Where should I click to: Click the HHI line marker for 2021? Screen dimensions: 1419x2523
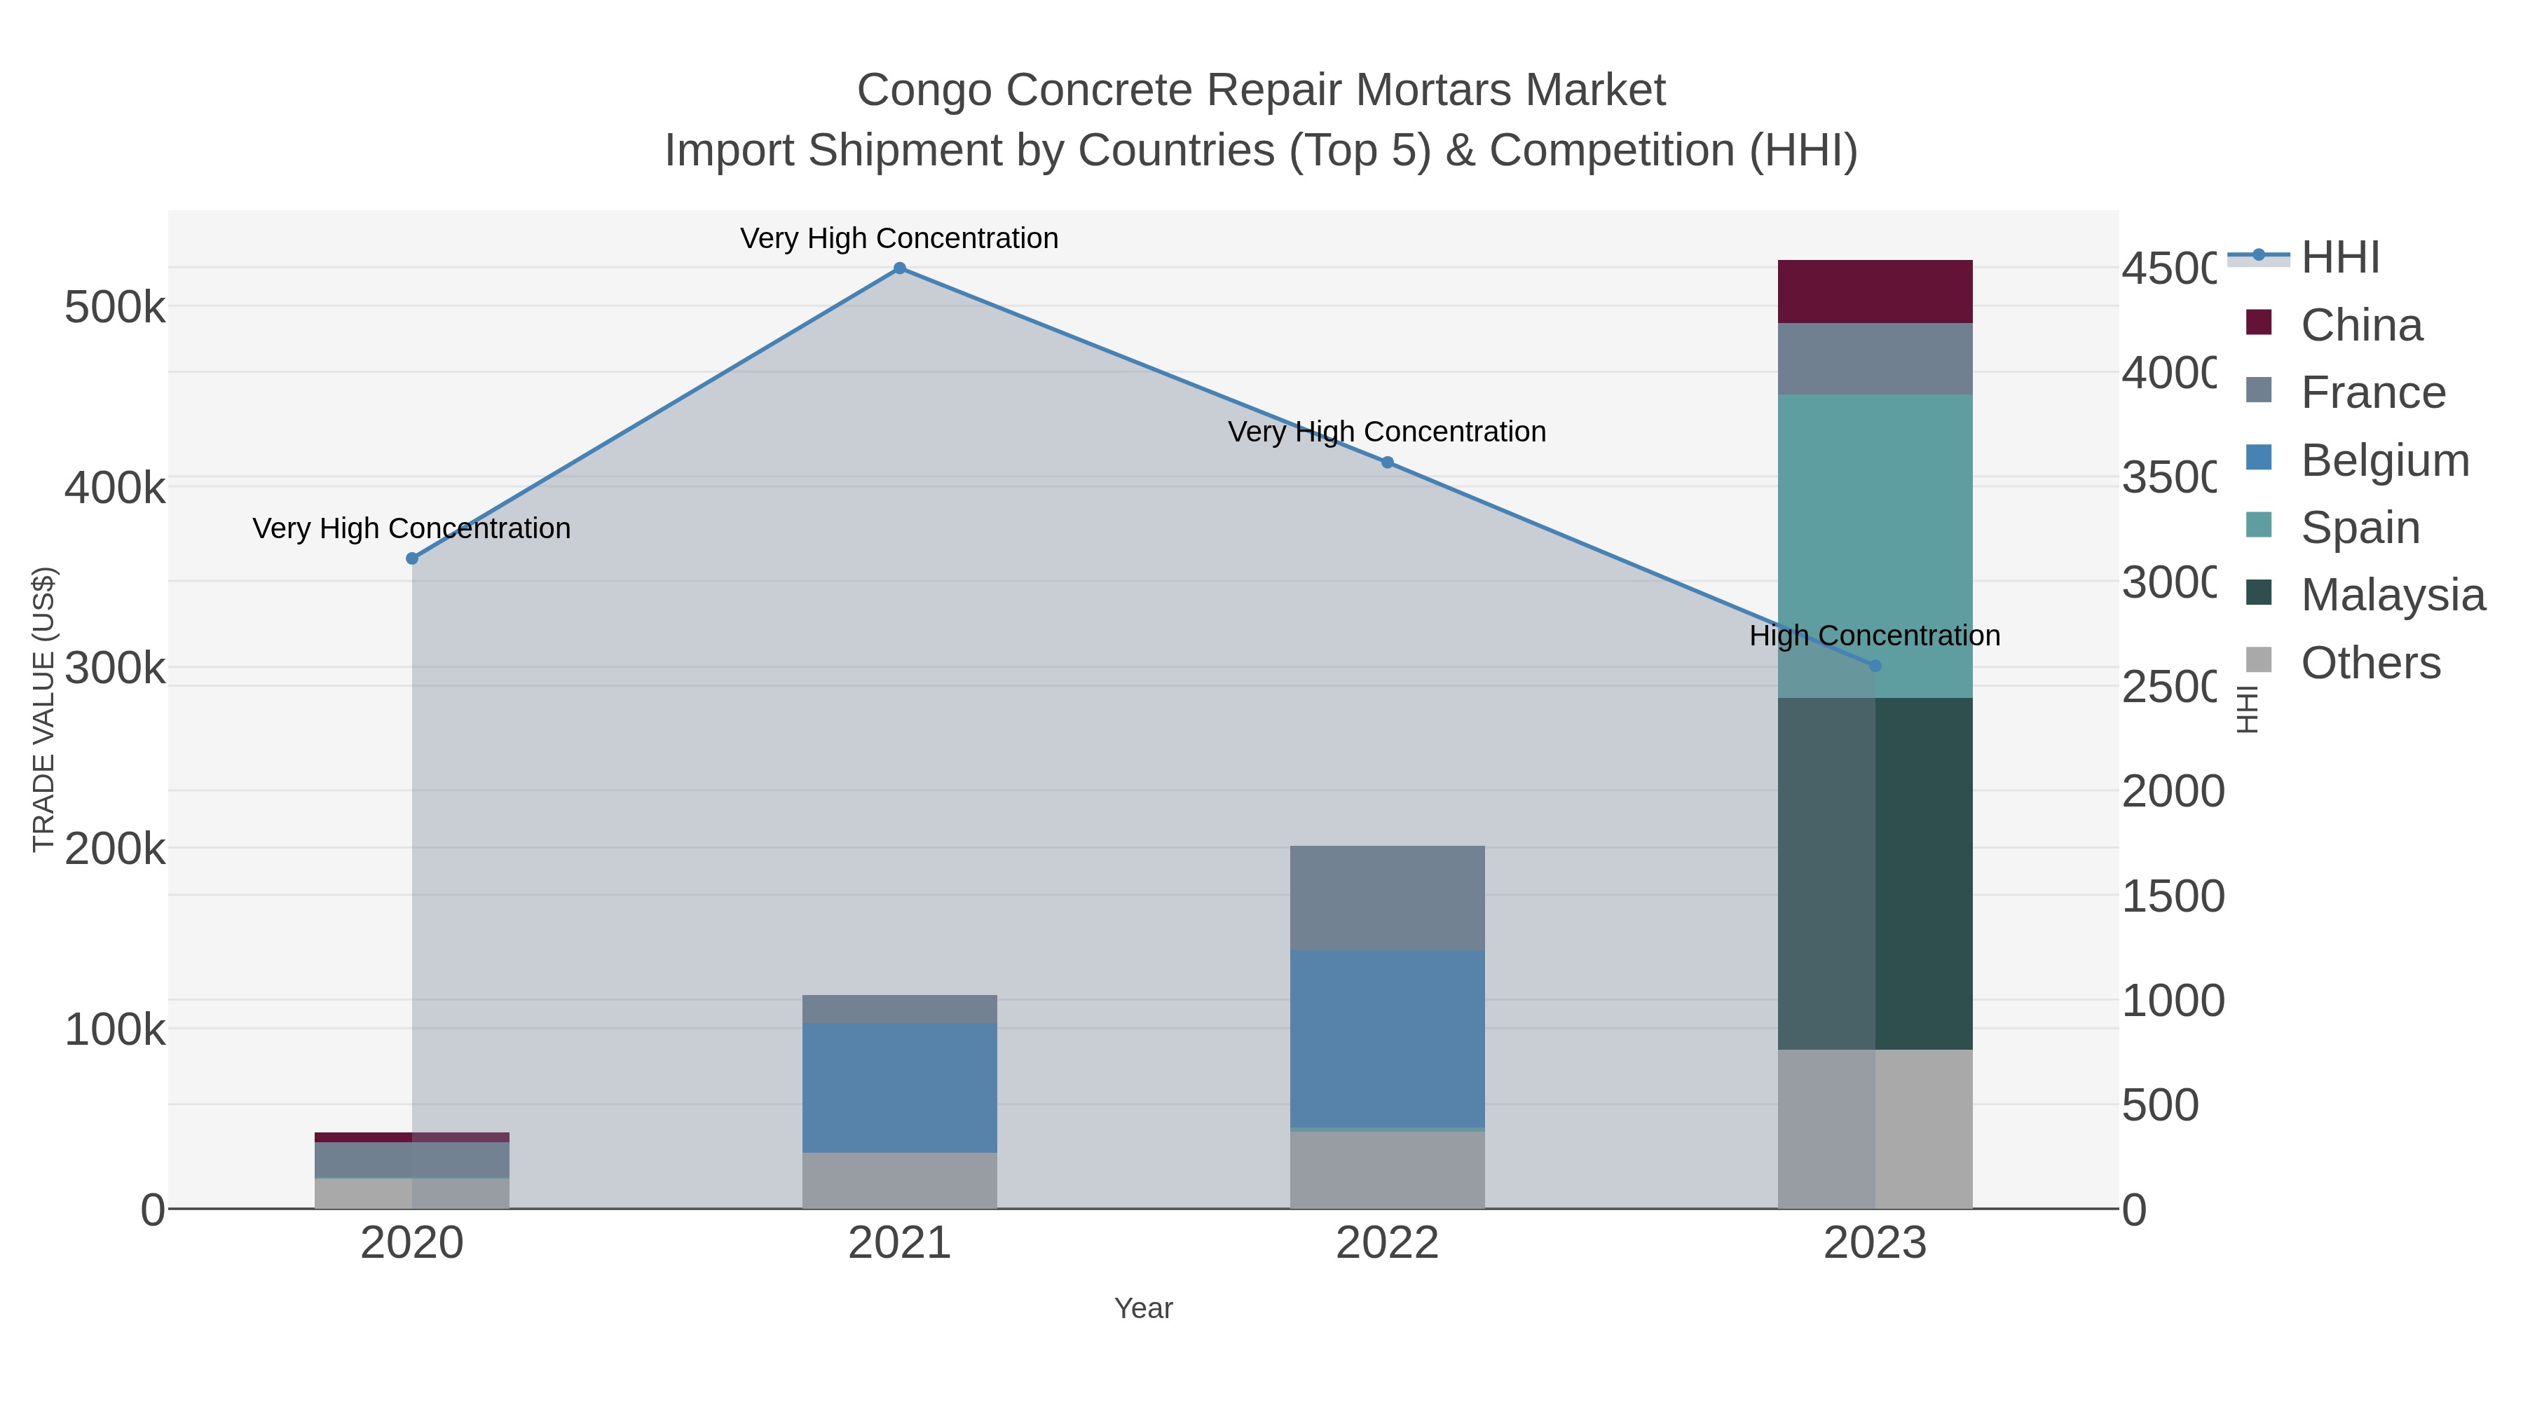[899, 268]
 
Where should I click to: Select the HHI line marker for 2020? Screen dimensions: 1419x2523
[412, 558]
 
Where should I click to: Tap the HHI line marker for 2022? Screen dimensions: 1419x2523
[1387, 462]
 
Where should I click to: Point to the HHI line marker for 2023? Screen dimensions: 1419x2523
[1875, 666]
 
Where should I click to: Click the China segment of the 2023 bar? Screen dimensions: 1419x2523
[1875, 292]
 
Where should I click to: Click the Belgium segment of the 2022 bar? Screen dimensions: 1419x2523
[1387, 1038]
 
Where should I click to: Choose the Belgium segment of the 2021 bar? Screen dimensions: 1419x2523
[899, 1087]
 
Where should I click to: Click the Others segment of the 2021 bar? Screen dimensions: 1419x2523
[899, 1180]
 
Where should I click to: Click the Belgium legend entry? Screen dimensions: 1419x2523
[2384, 460]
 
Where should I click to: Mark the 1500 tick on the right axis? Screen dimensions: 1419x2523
[2173, 896]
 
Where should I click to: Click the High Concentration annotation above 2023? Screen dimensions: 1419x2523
[1875, 636]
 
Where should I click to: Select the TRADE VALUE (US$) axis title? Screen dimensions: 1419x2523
[44, 709]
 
